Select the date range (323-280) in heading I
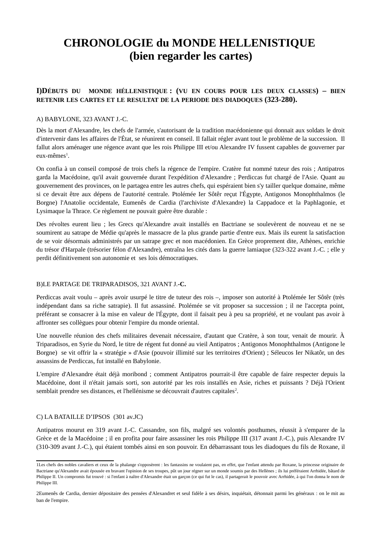281,100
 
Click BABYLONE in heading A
62,119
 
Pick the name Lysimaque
49,211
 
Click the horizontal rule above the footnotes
75,460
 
